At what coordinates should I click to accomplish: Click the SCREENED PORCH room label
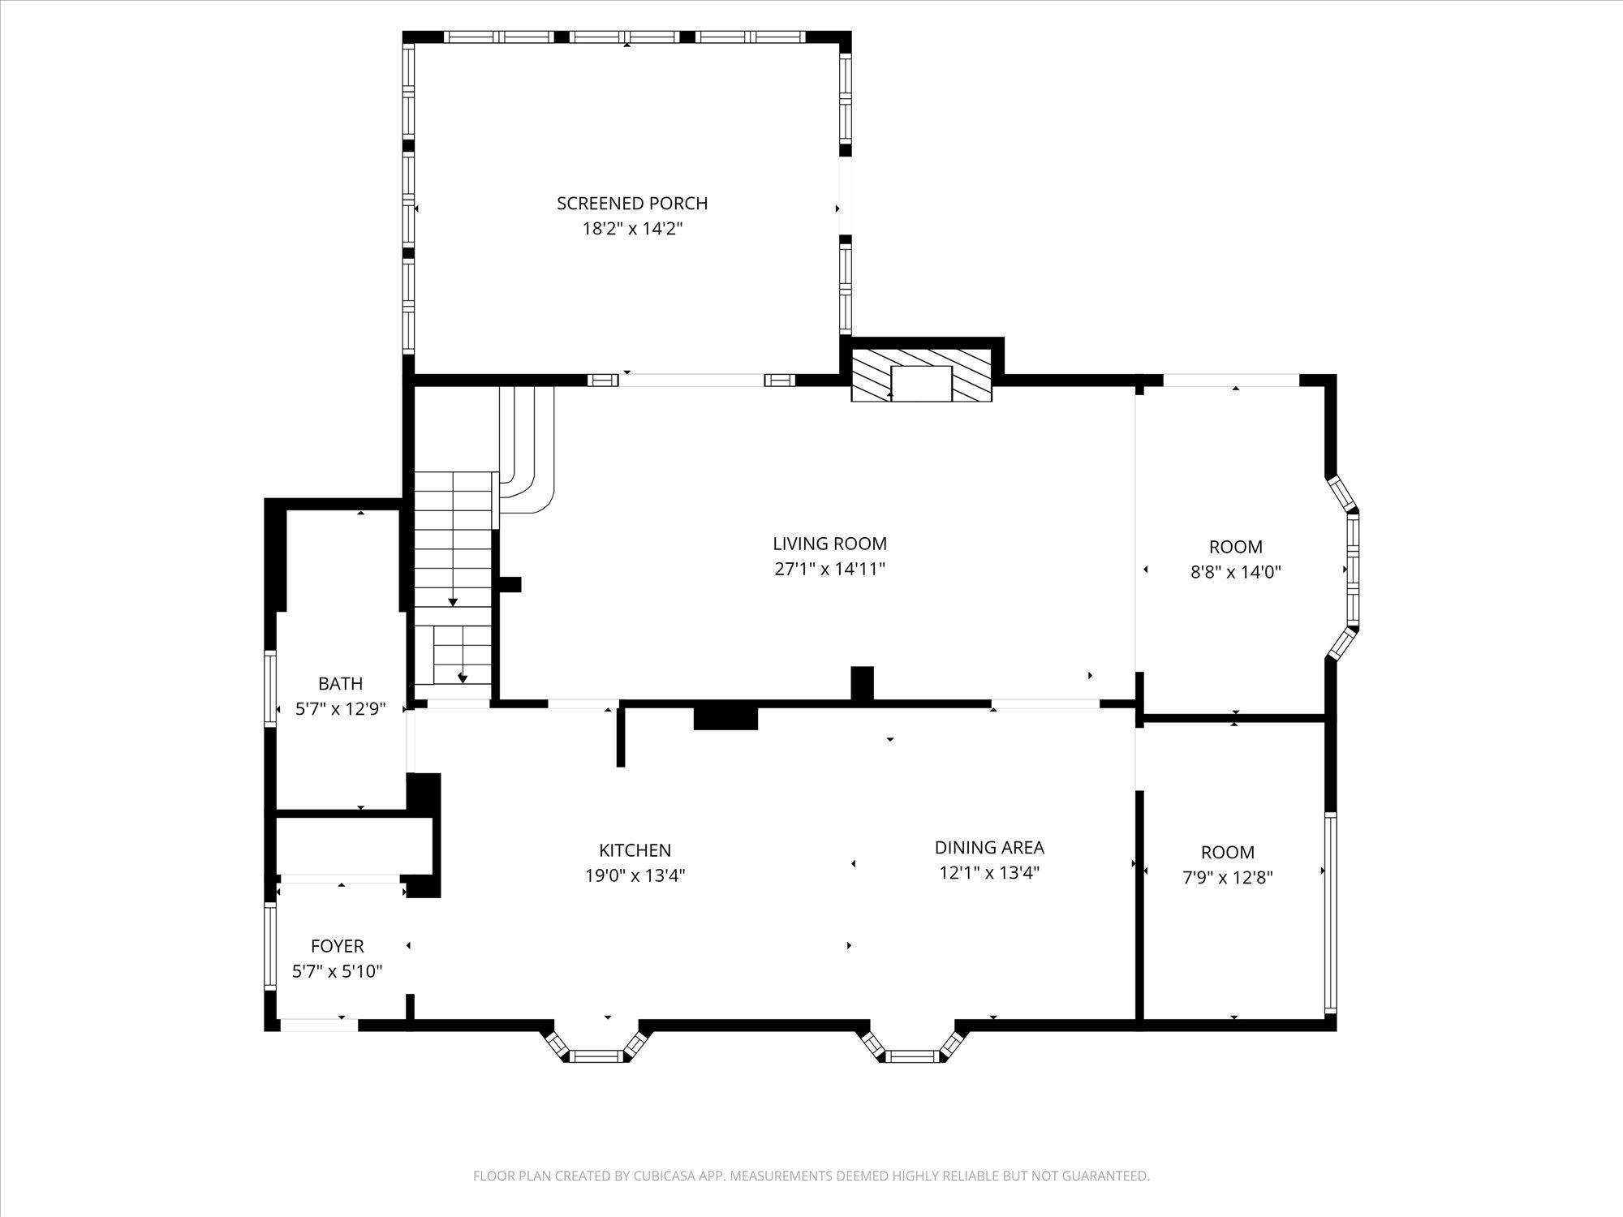click(632, 203)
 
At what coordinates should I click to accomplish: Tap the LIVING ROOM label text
click(829, 544)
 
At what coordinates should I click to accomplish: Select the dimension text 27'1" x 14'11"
click(829, 569)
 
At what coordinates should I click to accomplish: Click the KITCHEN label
click(635, 850)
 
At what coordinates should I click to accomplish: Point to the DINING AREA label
click(989, 848)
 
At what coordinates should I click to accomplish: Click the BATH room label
click(340, 684)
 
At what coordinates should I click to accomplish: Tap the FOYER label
click(338, 946)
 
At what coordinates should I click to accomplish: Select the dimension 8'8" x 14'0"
click(1236, 572)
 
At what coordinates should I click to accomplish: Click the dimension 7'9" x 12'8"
click(1228, 877)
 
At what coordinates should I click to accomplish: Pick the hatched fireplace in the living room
click(921, 374)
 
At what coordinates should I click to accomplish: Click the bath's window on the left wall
click(270, 686)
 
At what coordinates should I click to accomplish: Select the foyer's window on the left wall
click(270, 945)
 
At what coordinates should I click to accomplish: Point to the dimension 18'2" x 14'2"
click(632, 229)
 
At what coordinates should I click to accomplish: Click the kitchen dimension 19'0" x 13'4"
click(635, 876)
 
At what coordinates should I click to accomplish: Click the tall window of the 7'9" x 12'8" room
click(1330, 913)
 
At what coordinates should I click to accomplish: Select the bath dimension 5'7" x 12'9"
click(340, 709)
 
